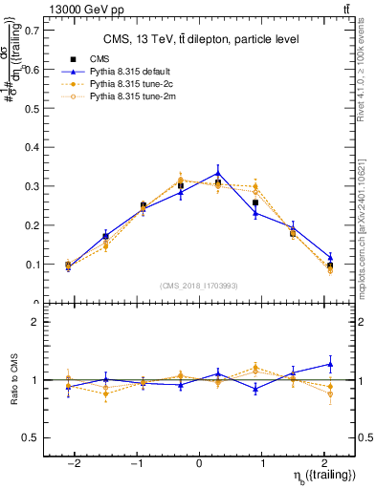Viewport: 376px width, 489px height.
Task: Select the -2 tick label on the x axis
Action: pos(68,461)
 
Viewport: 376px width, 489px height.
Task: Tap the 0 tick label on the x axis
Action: pos(199,461)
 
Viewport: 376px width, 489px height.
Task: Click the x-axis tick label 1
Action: pos(262,461)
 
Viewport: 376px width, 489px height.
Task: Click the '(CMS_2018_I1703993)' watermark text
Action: pos(199,286)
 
